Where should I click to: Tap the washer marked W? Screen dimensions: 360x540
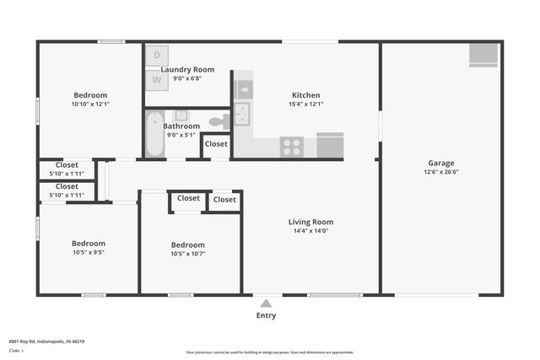156,78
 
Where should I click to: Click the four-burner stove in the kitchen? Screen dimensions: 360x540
292,147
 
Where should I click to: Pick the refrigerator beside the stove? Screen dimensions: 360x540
330,146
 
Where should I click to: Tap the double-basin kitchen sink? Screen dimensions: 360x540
242,114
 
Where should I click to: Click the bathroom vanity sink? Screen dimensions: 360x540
181,116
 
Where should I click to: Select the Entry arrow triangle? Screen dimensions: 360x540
266,304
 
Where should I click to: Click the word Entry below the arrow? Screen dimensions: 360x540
266,316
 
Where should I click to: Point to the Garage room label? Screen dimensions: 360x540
440,164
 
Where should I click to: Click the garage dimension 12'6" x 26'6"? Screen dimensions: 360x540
440,172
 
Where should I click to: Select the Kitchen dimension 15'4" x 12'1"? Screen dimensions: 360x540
305,104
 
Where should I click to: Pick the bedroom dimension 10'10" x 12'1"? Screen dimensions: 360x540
89,104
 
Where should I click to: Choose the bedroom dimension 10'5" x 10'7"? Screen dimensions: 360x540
187,255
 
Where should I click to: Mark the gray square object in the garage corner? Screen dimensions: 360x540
483,54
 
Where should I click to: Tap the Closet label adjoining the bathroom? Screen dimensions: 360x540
217,144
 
